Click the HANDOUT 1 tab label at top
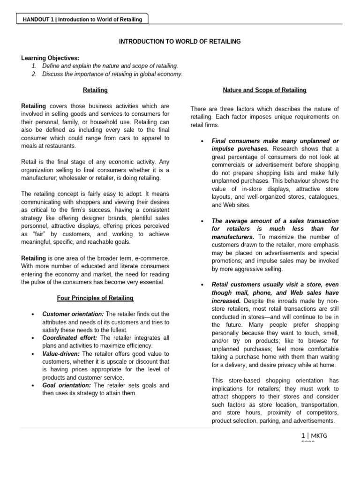click(82, 19)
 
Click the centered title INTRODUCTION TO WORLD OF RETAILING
click(180, 42)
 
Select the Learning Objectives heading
click(50, 58)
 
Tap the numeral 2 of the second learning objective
click(35, 74)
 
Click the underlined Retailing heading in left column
click(95, 90)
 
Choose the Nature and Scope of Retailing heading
click(264, 90)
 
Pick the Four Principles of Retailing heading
click(95, 298)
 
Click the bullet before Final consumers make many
click(201, 141)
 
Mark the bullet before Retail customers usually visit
click(201, 285)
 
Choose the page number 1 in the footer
click(303, 436)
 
